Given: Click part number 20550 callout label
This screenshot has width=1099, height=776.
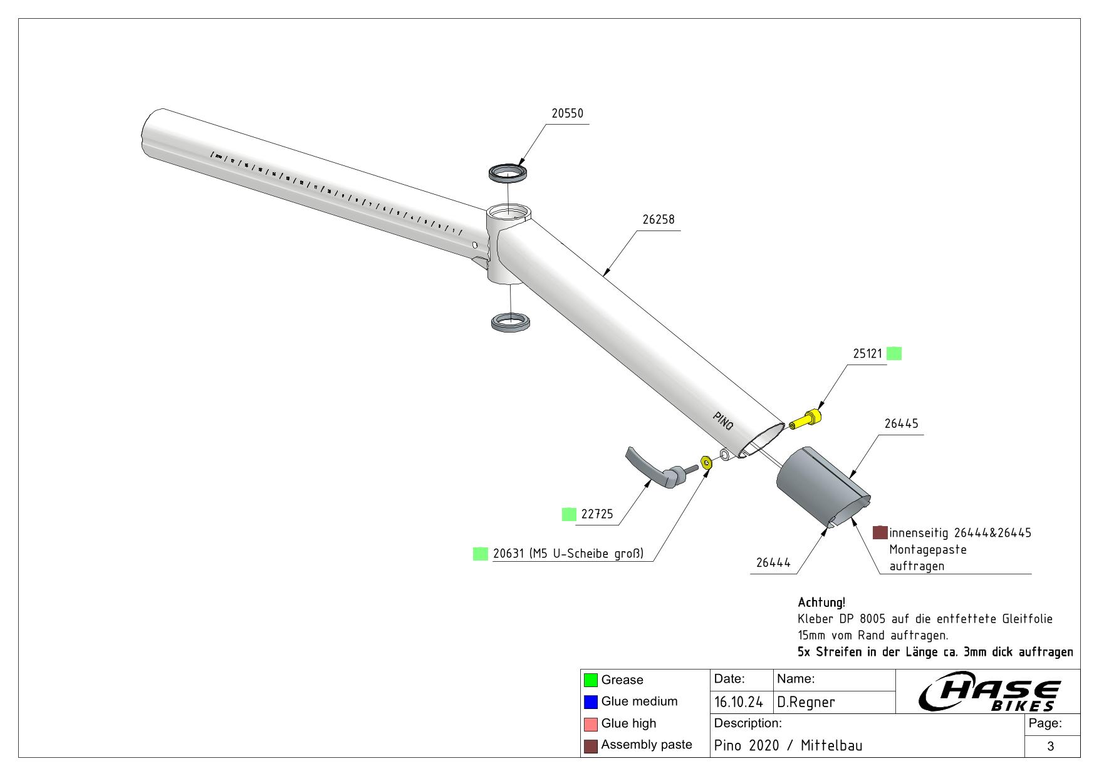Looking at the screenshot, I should (x=567, y=114).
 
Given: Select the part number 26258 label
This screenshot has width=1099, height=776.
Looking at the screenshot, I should (x=658, y=220).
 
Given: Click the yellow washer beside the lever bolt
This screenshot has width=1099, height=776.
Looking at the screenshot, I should (x=706, y=463).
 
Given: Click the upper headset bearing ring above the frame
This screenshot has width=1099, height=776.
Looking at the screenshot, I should (x=508, y=172).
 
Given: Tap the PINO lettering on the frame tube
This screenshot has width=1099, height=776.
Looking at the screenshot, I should (x=723, y=420).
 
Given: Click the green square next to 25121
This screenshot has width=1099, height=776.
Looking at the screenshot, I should (x=895, y=354).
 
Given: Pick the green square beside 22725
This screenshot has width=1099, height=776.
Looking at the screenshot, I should (x=569, y=514).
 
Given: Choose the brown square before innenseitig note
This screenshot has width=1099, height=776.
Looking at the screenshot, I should (x=880, y=532).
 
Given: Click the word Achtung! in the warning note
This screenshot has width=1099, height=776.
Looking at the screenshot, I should (x=821, y=603).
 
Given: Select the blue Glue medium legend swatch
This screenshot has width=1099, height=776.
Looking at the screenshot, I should (x=590, y=702).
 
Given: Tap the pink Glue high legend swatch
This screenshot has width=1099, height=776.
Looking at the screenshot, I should (x=590, y=724).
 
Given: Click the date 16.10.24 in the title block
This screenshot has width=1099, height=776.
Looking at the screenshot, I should (x=738, y=703).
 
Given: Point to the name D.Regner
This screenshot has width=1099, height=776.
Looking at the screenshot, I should (x=806, y=703).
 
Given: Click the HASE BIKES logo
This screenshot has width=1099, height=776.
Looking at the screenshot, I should (x=989, y=694).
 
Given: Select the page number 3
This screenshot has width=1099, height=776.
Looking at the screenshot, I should (x=1051, y=746).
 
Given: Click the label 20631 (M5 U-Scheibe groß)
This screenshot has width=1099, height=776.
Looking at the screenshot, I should (x=568, y=554).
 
